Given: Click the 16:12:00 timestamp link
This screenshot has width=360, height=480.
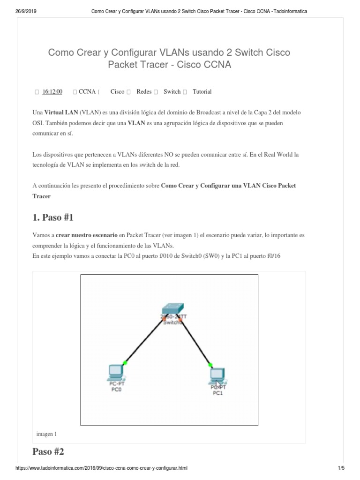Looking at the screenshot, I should [52, 92].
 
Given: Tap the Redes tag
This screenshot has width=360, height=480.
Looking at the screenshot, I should [144, 92].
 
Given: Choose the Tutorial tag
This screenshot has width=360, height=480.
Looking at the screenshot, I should [202, 92].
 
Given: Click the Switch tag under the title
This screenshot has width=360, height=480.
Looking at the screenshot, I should [172, 92].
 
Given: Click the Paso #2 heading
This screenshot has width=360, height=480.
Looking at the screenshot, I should [48, 452].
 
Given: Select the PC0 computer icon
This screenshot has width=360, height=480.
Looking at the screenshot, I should [115, 372].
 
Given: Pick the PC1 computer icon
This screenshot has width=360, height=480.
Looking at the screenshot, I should [217, 375].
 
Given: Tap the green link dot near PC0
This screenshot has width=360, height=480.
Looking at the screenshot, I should [125, 362].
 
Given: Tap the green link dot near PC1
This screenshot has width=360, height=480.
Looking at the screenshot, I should [210, 364].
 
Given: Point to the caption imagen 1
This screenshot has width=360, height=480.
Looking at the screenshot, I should [46, 434].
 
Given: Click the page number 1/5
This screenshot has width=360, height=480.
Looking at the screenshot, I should [341, 468].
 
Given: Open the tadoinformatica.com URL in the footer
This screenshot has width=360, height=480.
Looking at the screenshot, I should [103, 468].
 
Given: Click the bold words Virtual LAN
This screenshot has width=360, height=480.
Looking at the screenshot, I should [61, 113].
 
